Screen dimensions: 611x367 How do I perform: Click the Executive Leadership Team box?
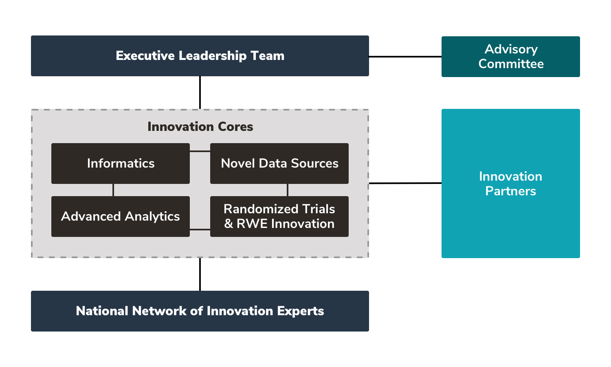200,56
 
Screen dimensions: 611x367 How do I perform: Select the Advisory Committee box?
511,57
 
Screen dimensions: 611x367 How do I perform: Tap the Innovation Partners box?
511,183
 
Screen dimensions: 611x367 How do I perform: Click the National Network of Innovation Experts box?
200,311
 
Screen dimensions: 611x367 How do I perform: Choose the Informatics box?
121,163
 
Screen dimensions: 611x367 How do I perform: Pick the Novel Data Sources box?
279,163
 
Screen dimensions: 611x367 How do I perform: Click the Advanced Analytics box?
121,216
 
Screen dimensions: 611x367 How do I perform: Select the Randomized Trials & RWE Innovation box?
279,216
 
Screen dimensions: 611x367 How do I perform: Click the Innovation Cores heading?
200,127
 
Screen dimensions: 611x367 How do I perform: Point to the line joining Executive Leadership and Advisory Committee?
405,57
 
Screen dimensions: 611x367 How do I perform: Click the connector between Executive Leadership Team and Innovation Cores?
200,93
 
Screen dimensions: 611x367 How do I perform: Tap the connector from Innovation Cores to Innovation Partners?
405,183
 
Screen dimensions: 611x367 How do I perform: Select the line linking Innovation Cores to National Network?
200,274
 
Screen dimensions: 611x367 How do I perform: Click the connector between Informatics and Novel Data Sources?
200,151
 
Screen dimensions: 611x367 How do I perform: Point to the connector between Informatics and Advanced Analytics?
113,190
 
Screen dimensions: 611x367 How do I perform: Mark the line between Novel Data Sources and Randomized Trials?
288,190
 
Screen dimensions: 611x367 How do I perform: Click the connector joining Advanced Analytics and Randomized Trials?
200,229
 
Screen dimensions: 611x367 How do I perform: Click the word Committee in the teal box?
511,64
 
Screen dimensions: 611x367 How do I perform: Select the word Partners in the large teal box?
511,191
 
